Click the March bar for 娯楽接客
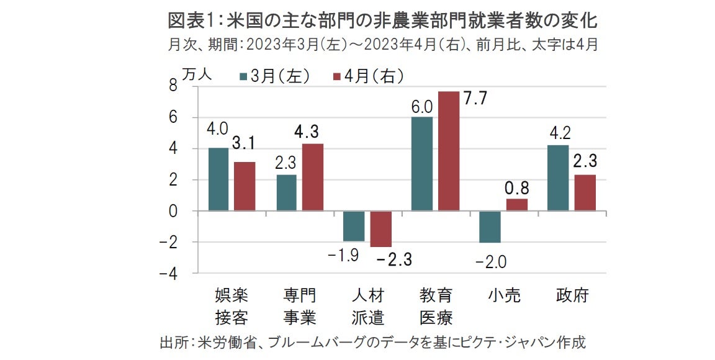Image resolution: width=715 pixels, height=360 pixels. point(219,179)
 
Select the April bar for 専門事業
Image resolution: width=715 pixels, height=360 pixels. point(312,178)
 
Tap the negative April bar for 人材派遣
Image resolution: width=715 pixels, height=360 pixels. point(380,229)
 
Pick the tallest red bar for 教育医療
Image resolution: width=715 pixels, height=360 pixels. point(448,151)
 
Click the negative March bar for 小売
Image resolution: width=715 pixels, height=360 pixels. point(490,227)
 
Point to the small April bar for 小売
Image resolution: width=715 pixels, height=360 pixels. point(517,205)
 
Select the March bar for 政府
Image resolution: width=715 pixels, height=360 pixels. point(557,178)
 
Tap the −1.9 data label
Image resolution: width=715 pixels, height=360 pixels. point(344,256)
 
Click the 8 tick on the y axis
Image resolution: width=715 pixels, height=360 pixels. point(173,87)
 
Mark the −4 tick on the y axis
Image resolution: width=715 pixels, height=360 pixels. point(169,274)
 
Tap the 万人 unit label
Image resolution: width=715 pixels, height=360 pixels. point(197,74)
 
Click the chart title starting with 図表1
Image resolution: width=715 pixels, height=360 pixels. point(382,21)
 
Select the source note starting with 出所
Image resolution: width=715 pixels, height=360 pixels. point(373,342)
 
